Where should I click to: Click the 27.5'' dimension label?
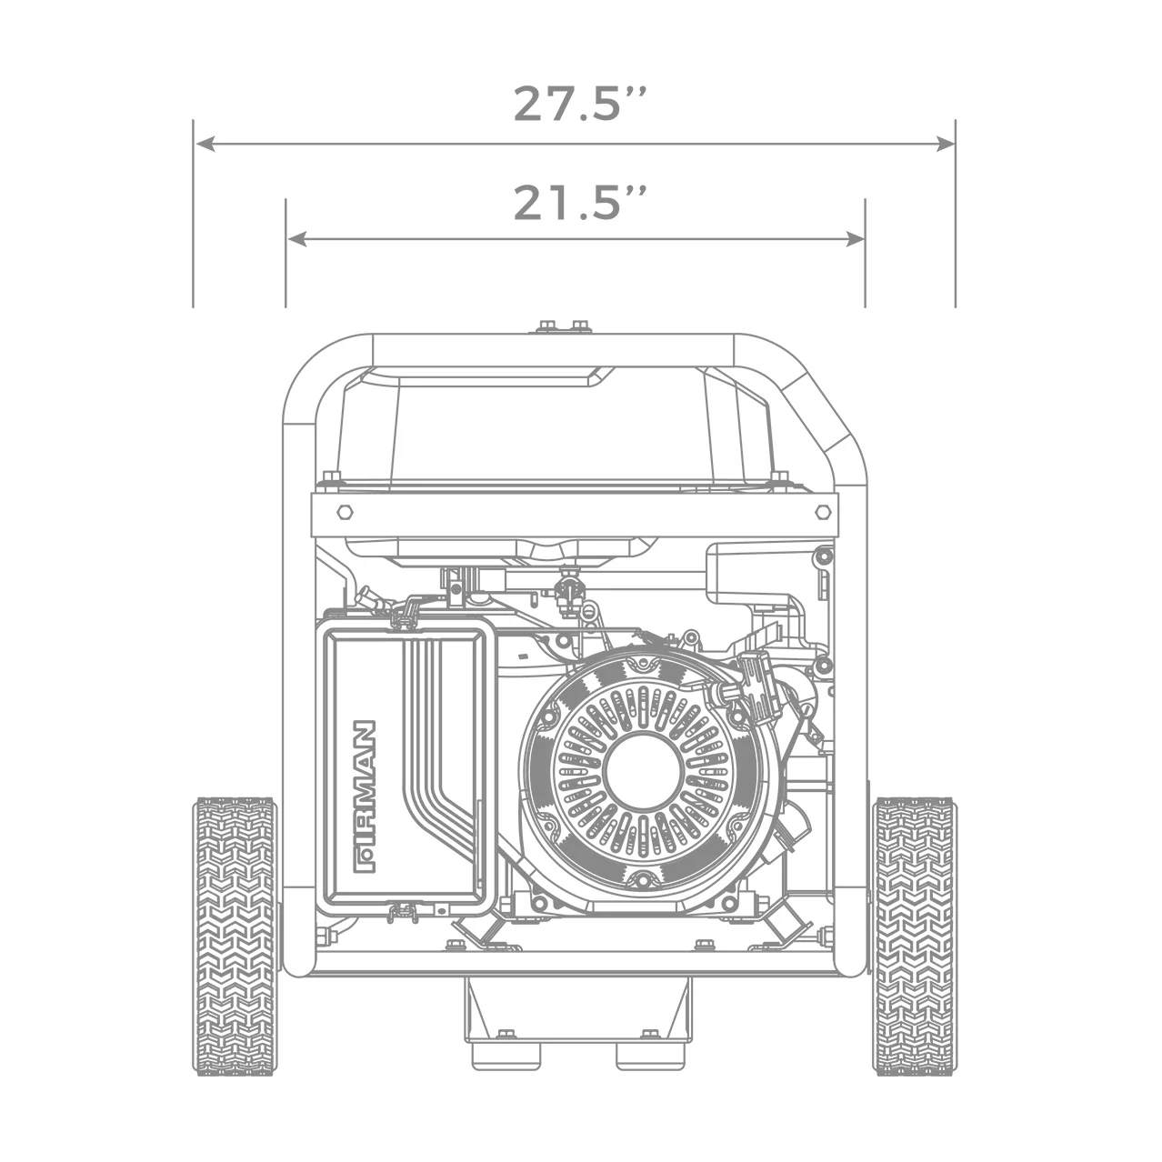click(579, 104)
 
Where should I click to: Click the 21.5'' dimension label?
click(579, 203)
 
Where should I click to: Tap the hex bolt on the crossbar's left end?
click(344, 512)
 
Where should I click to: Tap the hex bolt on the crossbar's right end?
click(821, 512)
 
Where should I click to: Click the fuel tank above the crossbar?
click(555, 427)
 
